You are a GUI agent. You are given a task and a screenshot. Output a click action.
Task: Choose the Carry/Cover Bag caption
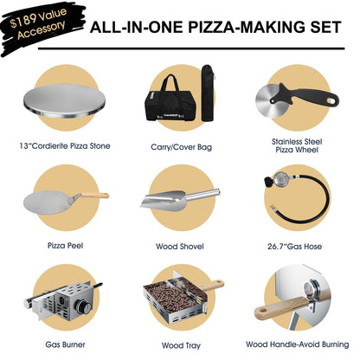[x=180, y=145]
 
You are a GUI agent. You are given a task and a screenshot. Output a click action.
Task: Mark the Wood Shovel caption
[x=180, y=245]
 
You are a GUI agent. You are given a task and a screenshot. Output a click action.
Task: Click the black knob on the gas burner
[x=85, y=307]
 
